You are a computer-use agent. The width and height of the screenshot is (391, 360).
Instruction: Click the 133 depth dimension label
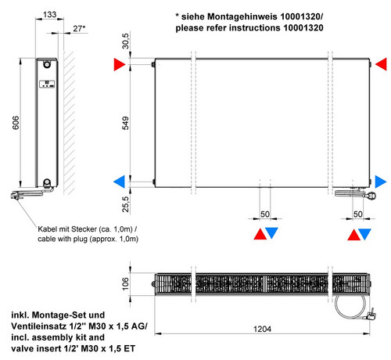(49, 14)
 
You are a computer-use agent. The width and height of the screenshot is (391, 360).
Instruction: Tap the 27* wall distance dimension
(79, 28)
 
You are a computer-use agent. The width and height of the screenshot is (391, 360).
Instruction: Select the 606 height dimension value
(16, 123)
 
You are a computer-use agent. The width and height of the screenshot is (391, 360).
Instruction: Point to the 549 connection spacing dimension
(125, 123)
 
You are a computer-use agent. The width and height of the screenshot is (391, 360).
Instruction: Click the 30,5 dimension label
(125, 41)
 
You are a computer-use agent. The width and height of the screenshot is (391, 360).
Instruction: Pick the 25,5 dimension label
(125, 204)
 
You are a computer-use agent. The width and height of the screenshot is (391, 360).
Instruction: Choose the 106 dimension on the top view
(125, 283)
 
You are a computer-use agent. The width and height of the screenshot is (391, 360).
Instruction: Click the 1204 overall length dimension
(262, 329)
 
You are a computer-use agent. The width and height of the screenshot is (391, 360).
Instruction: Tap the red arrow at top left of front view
(120, 64)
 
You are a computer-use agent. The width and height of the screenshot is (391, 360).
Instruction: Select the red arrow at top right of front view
(381, 64)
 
